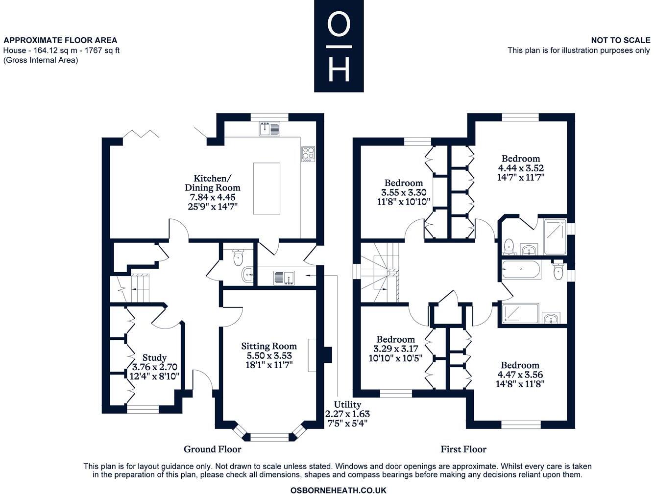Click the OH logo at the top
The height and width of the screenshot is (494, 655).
click(339, 46)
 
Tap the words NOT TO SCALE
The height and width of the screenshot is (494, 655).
click(620, 40)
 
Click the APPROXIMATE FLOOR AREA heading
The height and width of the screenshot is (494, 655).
click(60, 40)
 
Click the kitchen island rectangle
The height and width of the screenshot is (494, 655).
click(267, 188)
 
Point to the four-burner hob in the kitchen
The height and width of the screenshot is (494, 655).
click(308, 153)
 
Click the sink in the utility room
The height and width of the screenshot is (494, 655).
click(283, 277)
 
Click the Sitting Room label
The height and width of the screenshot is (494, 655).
click(268, 346)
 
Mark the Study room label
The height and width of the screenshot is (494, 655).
click(154, 358)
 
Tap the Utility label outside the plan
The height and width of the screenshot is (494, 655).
click(347, 404)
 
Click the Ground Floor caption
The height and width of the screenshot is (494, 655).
click(212, 449)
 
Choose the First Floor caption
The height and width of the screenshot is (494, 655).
click(463, 449)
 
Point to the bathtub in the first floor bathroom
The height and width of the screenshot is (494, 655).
click(521, 270)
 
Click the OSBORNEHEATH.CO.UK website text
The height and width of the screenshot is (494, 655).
click(338, 490)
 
